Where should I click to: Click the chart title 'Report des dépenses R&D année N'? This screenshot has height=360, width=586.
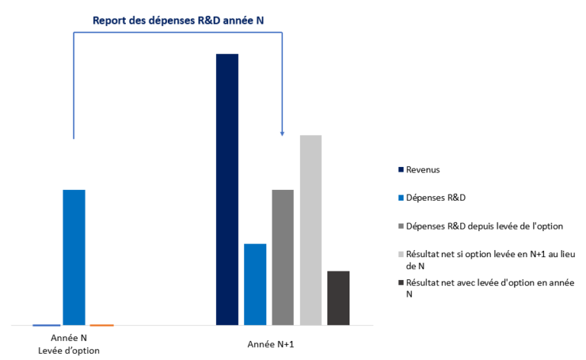178,20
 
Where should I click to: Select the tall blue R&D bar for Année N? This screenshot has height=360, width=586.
74,257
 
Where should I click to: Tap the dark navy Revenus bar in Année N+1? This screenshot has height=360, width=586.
227,189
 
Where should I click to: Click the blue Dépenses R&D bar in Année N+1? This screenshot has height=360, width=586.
255,284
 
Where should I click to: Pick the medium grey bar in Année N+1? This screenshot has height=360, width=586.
283,257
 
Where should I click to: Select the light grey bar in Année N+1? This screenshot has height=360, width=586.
311,230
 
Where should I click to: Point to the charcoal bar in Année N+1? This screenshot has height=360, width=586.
338,297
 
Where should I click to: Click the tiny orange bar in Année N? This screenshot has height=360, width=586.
101,325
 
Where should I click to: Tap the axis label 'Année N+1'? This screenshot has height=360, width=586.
271,345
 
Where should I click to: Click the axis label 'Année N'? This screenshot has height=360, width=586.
69,337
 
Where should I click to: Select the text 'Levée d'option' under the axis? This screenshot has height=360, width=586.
69,350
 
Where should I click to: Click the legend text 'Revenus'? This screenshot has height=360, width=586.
423,169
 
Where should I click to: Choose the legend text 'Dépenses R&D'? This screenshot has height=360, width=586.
436,198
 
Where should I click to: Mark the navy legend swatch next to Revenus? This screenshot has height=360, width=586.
400,169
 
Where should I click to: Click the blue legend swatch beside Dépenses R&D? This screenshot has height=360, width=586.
400,198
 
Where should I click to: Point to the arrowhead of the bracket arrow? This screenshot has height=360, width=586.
282,133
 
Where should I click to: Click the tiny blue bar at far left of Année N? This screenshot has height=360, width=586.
46,325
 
